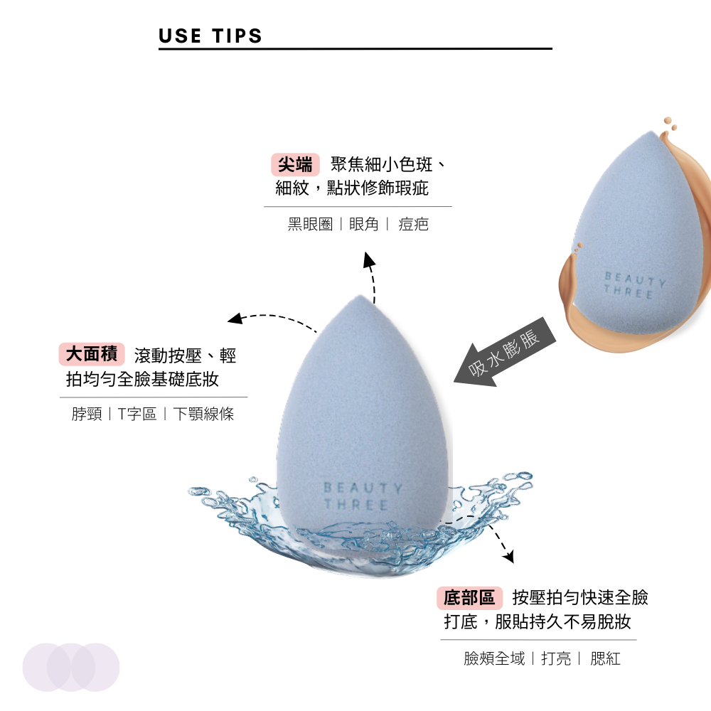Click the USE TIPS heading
click(x=210, y=36)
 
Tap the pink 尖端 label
click(x=295, y=165)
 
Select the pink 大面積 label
click(x=92, y=354)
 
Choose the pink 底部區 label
click(x=469, y=598)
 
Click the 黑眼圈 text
click(x=310, y=224)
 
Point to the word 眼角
click(x=363, y=224)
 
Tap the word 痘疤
click(x=414, y=224)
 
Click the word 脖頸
click(x=87, y=414)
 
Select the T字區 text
click(x=137, y=414)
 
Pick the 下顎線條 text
click(x=203, y=414)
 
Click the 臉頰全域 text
click(x=494, y=658)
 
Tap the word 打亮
click(x=557, y=658)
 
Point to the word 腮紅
click(x=605, y=658)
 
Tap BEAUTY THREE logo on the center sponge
click(x=363, y=496)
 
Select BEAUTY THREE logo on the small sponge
click(x=634, y=285)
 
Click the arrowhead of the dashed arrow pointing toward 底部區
click(x=509, y=557)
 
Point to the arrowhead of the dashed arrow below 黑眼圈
click(x=369, y=259)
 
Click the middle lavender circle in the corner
click(x=70, y=667)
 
